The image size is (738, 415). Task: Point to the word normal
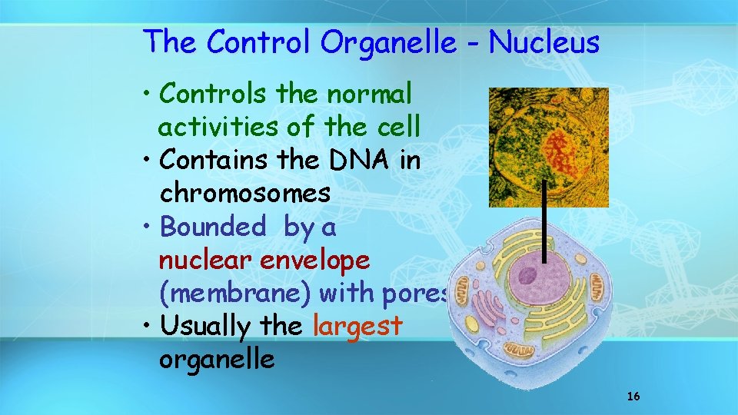point(369,94)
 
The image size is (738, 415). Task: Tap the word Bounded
point(212,227)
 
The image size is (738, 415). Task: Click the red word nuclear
point(205,260)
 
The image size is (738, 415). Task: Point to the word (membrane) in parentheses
point(235,294)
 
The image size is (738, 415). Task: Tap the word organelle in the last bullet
point(217,360)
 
